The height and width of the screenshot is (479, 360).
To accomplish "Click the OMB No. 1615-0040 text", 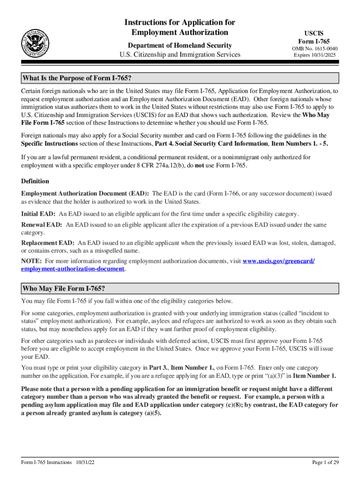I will [315, 49].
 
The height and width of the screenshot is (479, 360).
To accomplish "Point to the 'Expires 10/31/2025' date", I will [315, 55].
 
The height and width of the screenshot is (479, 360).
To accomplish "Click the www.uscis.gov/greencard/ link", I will [279, 261].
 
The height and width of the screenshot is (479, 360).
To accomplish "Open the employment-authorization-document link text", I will [73, 269].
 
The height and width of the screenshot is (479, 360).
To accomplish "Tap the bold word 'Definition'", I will [35, 181].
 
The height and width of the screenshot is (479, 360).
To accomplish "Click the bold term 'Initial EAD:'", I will [38, 214].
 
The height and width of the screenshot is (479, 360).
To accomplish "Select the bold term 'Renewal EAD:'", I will [41, 225].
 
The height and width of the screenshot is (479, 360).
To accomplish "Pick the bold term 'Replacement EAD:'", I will [48, 243].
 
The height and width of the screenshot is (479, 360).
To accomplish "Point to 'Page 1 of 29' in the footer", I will [325, 463].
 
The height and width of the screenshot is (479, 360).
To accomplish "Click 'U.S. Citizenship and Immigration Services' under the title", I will [180, 55].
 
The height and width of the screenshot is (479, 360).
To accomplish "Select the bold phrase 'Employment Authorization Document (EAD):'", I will [86, 193].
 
